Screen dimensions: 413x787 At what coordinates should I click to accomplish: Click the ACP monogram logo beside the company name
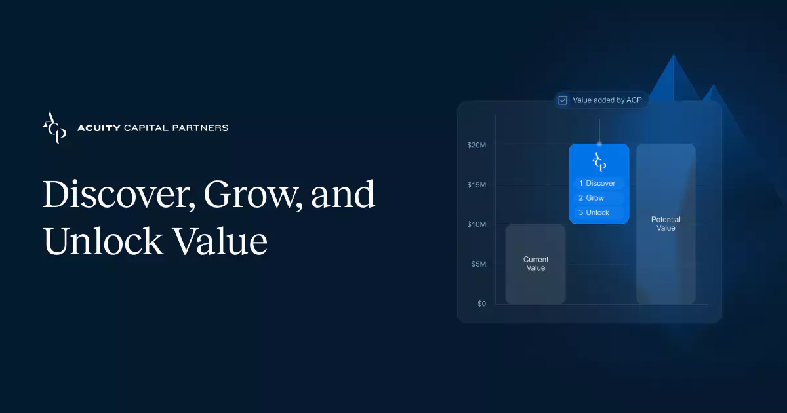pos(54,128)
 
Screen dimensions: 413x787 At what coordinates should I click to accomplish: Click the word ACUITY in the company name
pos(99,128)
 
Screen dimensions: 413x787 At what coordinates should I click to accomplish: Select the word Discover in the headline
pos(117,195)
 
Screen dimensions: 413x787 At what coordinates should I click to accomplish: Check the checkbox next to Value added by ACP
pos(563,100)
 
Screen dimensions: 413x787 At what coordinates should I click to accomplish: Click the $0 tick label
pos(481,304)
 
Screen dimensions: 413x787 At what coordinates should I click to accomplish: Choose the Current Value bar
pos(535,264)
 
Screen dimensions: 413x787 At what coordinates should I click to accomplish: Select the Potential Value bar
pos(666,224)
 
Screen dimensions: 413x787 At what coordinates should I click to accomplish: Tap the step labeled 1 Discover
pos(598,183)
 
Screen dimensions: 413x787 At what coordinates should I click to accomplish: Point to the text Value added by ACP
pos(607,100)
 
